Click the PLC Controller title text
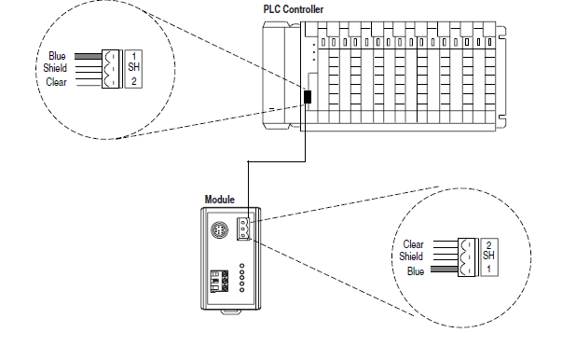click(294, 9)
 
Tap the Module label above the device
click(220, 200)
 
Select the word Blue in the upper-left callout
click(57, 56)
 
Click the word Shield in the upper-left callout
click(55, 68)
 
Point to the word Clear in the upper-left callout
click(56, 82)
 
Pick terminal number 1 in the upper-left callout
click(133, 56)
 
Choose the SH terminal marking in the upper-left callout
click(133, 67)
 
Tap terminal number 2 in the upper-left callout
click(133, 81)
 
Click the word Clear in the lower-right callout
click(413, 244)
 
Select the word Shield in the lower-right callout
click(411, 256)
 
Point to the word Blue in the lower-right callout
click(416, 271)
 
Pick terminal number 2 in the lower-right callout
click(488, 245)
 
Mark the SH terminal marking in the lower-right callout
click(488, 256)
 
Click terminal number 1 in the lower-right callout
click(488, 269)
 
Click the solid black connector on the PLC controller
click(308, 97)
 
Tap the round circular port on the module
click(219, 230)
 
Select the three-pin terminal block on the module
click(243, 228)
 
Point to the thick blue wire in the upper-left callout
click(89, 56)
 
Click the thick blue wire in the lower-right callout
click(445, 270)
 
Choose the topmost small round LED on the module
click(241, 266)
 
